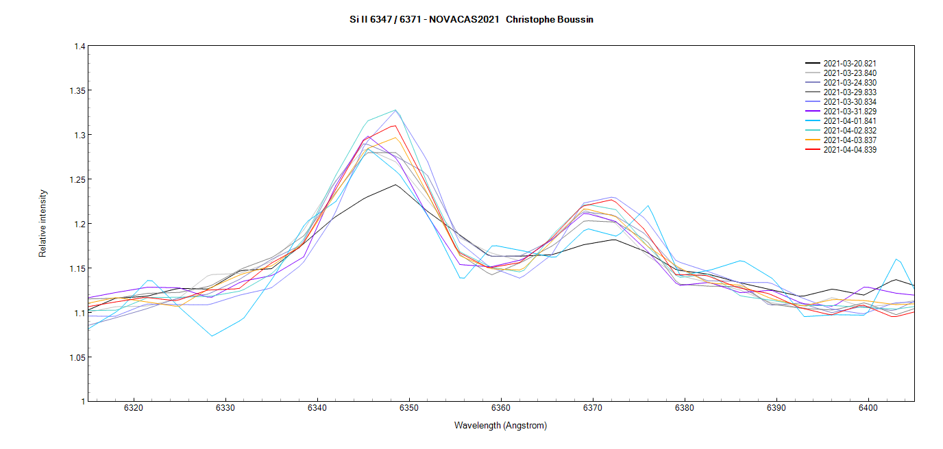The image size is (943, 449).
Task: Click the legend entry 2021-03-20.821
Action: pos(850,64)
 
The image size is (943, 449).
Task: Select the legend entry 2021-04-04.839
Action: pos(850,150)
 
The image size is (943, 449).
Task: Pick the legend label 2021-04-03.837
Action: pos(850,140)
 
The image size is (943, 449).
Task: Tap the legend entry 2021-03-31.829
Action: pos(850,112)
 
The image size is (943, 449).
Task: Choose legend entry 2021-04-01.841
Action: pos(850,121)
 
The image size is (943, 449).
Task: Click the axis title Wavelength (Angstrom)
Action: pos(500,426)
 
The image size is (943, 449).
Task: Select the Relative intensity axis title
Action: pos(43,223)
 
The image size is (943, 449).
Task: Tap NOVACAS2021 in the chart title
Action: pos(464,20)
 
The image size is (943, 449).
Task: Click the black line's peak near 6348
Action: pos(395,184)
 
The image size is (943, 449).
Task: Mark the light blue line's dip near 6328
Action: pos(212,336)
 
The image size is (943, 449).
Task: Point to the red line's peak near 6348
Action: pos(395,125)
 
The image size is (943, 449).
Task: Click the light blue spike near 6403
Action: pos(896,259)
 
